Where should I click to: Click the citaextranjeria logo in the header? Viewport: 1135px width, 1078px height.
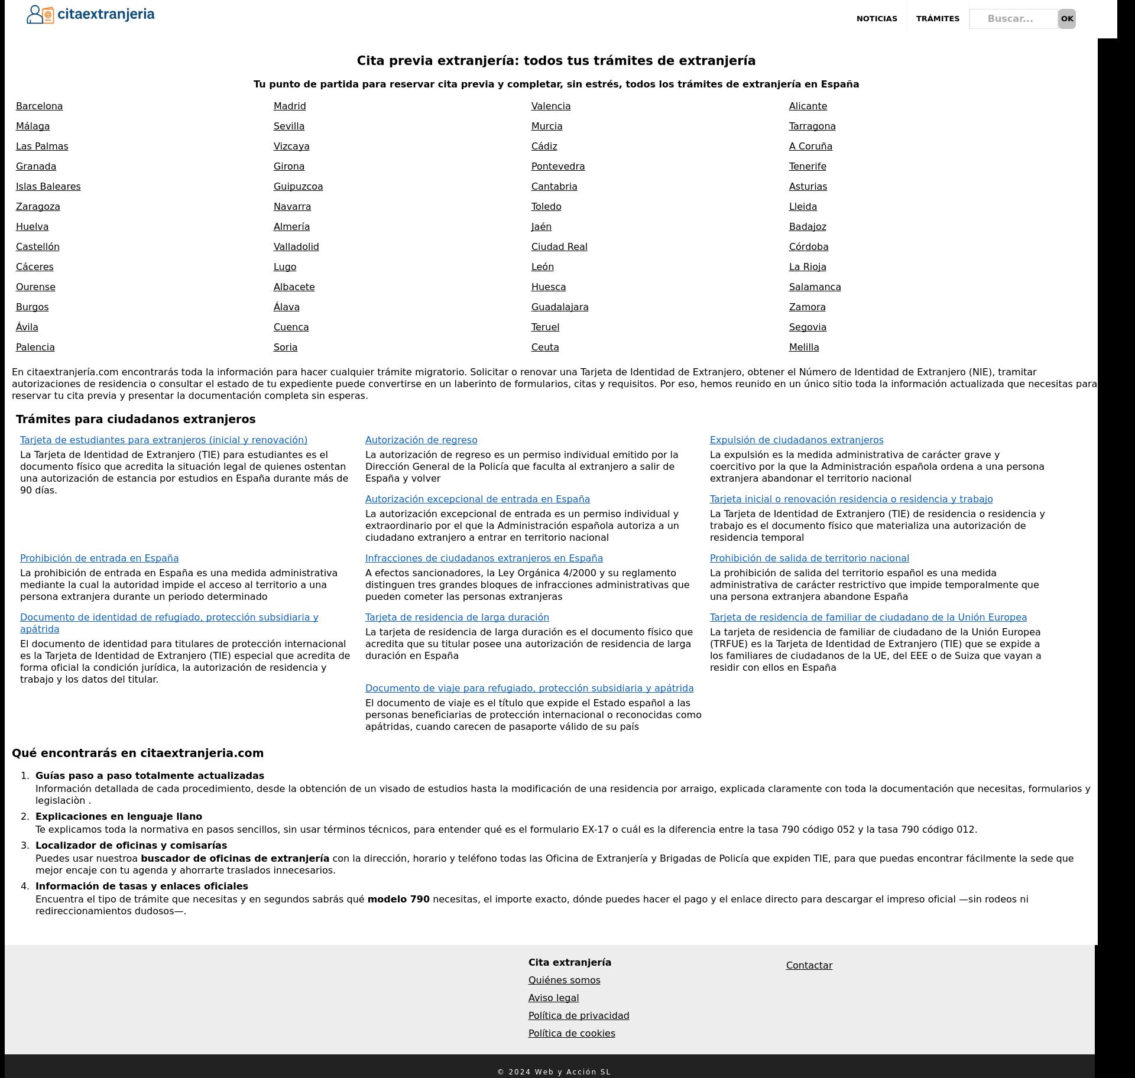(x=90, y=14)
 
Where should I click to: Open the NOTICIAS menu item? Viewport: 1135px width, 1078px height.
(x=877, y=19)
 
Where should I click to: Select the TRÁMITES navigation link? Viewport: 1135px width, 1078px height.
(x=938, y=19)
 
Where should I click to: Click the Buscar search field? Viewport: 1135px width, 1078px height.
(x=1013, y=19)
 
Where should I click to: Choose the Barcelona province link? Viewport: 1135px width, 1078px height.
(x=39, y=106)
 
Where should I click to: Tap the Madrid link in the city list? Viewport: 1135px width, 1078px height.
(x=290, y=106)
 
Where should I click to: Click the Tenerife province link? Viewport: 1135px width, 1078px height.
(x=808, y=167)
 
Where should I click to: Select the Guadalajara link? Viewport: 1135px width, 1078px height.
(x=560, y=307)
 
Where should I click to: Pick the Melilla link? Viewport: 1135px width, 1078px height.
(x=804, y=348)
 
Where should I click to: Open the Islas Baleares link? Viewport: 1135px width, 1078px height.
(x=48, y=187)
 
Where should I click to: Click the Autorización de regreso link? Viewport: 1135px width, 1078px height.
(x=421, y=440)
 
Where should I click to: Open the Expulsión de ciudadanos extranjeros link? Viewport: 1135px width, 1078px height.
(x=796, y=440)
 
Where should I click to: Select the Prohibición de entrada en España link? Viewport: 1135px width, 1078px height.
(x=99, y=559)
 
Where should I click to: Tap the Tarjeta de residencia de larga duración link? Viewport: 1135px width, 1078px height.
(x=457, y=618)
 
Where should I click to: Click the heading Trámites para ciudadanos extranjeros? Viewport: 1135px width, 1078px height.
(x=135, y=420)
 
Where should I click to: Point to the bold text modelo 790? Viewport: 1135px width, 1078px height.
(x=398, y=900)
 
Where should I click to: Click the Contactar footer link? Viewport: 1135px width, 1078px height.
(x=809, y=966)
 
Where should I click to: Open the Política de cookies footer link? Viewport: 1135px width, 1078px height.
(x=572, y=1034)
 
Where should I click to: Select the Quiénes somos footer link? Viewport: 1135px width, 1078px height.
(x=564, y=980)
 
